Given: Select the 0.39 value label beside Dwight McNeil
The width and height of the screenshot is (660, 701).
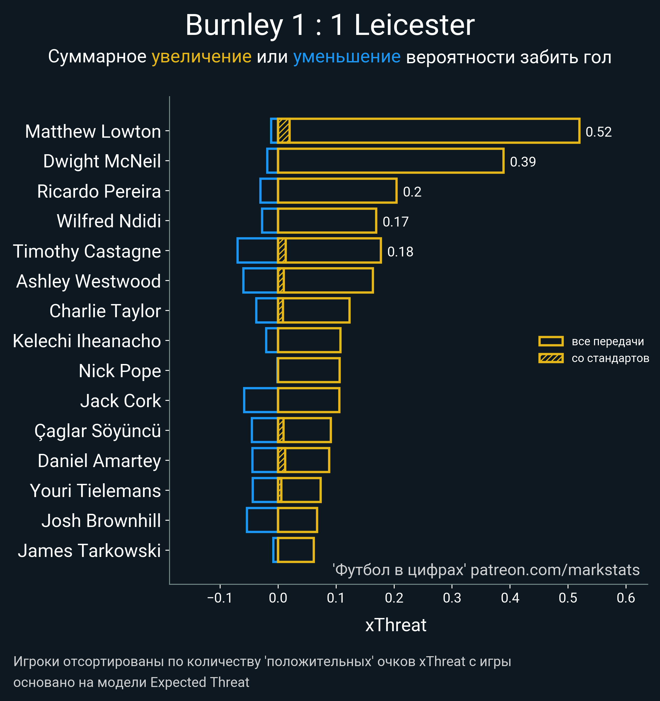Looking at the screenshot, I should click(x=523, y=162).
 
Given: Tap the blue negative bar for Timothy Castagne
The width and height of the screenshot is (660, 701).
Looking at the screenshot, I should click(x=257, y=251).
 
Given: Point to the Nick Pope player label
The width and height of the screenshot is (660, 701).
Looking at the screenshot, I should click(x=120, y=371).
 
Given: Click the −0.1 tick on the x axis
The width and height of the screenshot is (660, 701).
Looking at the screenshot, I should click(x=220, y=598).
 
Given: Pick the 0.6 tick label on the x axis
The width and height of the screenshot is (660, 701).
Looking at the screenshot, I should click(x=626, y=598).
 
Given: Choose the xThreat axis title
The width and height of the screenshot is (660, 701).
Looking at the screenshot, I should click(x=396, y=625).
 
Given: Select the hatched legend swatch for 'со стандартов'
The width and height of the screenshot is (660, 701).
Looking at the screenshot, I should click(x=551, y=358).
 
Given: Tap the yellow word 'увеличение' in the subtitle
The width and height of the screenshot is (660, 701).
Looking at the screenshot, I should click(x=201, y=57).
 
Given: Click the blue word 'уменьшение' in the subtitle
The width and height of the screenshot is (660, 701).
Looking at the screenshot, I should click(x=347, y=57).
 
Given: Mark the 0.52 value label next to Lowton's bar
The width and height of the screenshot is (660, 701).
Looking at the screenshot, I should click(x=599, y=132).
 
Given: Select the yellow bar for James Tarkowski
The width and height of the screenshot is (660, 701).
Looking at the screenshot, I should click(x=296, y=550).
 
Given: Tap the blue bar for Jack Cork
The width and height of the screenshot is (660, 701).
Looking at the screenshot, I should click(x=261, y=400).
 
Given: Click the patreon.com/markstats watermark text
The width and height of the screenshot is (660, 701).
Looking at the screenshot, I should click(x=555, y=570).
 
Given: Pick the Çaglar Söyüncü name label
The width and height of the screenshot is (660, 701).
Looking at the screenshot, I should click(x=98, y=431).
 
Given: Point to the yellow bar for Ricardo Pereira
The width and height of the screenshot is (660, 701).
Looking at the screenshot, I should click(x=337, y=191).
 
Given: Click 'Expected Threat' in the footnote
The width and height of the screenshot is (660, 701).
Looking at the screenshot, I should click(x=200, y=682).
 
